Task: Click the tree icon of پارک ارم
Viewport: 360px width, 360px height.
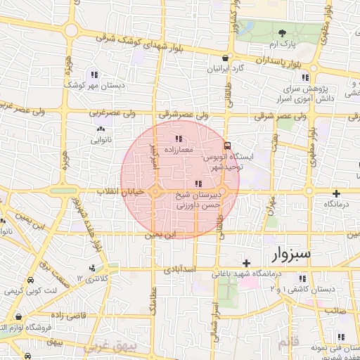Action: pos(282,33)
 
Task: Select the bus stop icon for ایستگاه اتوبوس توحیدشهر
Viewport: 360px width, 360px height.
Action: pos(226,146)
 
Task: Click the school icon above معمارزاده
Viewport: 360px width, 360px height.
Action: pos(179,139)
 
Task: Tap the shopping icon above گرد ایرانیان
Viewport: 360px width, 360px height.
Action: pos(225,59)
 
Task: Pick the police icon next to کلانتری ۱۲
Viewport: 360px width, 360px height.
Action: pos(91,268)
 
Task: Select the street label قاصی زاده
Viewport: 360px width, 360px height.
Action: pos(87,316)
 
